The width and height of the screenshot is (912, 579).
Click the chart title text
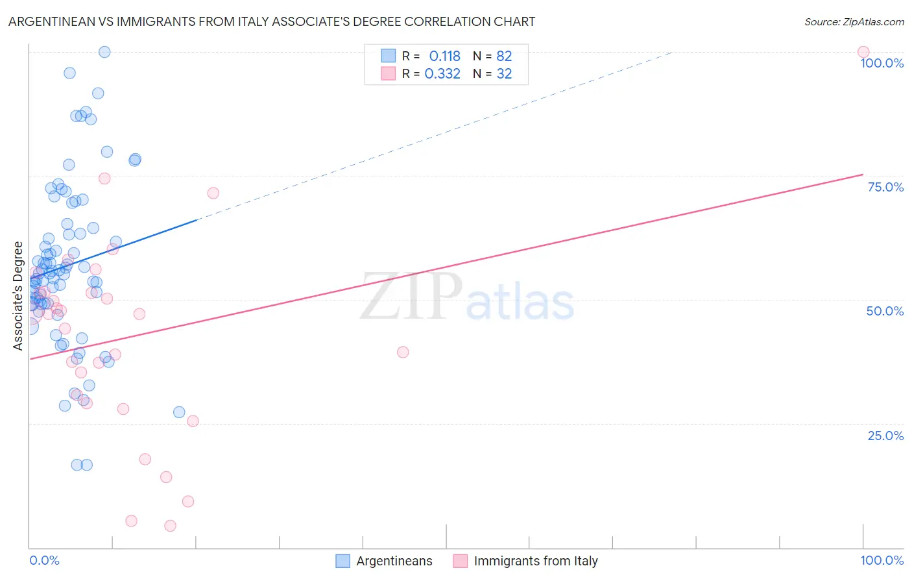pyautogui.click(x=272, y=21)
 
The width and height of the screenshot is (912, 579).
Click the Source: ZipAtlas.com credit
pyautogui.click(x=854, y=21)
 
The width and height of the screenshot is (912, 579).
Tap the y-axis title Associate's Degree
pyautogui.click(x=18, y=295)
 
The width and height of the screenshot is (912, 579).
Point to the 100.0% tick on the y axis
pyautogui.click(x=882, y=63)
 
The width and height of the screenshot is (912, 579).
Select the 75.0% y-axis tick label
pyautogui.click(x=885, y=187)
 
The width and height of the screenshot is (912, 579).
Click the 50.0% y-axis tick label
pyautogui.click(x=885, y=311)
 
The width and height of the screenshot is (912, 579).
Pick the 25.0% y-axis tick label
pyautogui.click(x=885, y=436)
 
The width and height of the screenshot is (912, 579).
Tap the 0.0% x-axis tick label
pyautogui.click(x=44, y=560)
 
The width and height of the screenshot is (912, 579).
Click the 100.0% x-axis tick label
pyautogui.click(x=882, y=560)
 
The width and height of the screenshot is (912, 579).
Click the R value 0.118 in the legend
pyautogui.click(x=444, y=56)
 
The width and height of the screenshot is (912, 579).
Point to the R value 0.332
pyautogui.click(x=442, y=74)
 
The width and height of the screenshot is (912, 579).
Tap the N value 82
pyautogui.click(x=504, y=56)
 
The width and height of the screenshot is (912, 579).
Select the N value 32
pyautogui.click(x=504, y=74)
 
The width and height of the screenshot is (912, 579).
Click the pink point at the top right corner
pyautogui.click(x=863, y=52)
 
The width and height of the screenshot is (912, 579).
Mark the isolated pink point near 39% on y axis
pyautogui.click(x=403, y=352)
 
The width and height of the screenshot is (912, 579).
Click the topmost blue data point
pyautogui.click(x=104, y=52)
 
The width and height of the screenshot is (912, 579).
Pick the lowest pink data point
pyautogui.click(x=170, y=526)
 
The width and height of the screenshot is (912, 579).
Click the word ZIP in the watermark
pyautogui.click(x=411, y=297)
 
